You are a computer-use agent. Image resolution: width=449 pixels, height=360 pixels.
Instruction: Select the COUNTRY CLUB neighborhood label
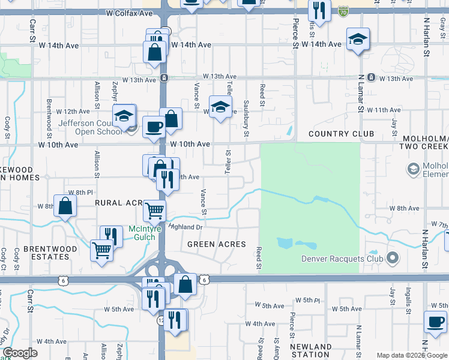pyautogui.click(x=341, y=134)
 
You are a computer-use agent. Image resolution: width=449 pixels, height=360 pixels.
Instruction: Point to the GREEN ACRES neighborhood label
pyautogui.click(x=217, y=244)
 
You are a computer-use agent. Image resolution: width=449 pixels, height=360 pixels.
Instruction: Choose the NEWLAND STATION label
pyautogui.click(x=310, y=351)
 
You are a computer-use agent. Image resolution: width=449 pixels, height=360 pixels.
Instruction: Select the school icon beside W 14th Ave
pyautogui.click(x=358, y=40)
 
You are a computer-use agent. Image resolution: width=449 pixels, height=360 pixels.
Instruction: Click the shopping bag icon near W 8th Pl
pyautogui.click(x=65, y=206)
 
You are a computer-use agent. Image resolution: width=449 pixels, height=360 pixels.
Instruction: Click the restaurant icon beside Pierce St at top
pyautogui.click(x=319, y=10)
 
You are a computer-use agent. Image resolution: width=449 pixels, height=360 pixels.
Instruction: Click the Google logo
pyautogui.click(x=20, y=353)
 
